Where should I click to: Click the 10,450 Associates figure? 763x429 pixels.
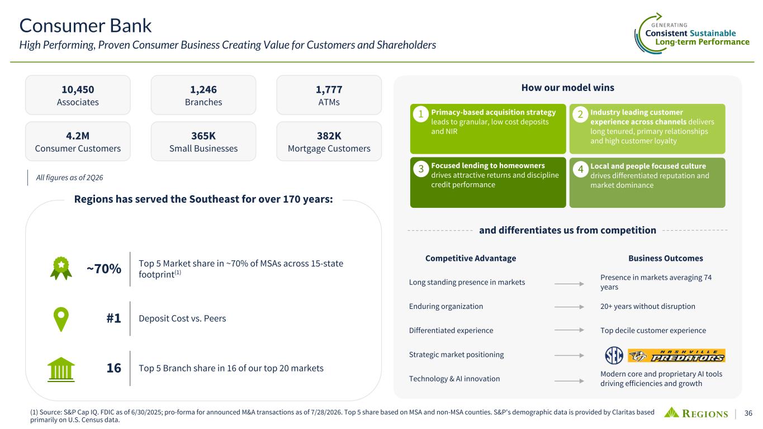(78, 89)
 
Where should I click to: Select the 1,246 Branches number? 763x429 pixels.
(203, 89)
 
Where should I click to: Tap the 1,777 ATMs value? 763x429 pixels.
(329, 89)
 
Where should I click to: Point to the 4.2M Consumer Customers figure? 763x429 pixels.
(78, 136)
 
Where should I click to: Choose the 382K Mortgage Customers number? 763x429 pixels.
(329, 136)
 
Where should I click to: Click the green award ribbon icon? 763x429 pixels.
(61, 268)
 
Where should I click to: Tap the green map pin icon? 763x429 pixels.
(61, 319)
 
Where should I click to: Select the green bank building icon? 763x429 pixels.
(61, 369)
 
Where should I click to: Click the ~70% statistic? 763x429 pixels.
(104, 269)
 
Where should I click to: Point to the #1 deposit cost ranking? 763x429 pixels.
(114, 318)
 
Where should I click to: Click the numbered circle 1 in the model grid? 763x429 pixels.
(421, 114)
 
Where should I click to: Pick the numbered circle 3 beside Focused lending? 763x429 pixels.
(421, 169)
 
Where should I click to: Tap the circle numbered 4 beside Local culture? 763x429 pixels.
(580, 169)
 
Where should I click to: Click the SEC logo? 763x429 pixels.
(614, 355)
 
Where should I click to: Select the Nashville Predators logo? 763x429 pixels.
(676, 356)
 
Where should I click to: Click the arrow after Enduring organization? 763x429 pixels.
(569, 307)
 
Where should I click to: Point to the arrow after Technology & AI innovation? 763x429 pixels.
(569, 381)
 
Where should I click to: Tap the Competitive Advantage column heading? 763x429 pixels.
(471, 258)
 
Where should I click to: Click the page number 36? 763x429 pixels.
(748, 413)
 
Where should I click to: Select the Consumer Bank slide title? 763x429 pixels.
(85, 26)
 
